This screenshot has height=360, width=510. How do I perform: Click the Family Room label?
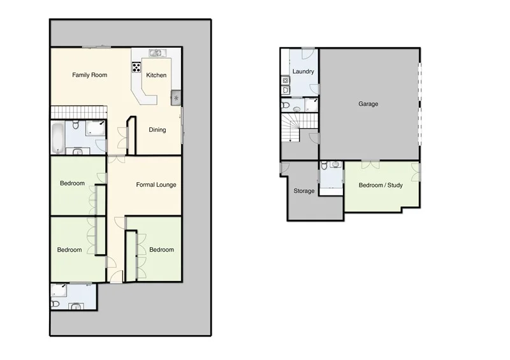89,75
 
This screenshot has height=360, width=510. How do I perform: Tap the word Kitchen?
156,75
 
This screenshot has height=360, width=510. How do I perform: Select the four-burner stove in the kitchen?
136,66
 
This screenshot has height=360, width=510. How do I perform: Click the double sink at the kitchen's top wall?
156,52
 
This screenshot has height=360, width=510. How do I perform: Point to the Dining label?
157,130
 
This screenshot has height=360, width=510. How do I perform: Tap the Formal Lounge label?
156,185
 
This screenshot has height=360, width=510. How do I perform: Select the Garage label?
368,104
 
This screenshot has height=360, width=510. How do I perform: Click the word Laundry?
303,72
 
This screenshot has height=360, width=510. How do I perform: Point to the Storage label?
303,191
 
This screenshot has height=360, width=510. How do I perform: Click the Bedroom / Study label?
381,185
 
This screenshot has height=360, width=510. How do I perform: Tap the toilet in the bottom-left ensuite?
55,305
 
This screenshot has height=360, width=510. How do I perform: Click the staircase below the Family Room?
77,112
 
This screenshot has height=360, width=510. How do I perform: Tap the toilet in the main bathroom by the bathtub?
75,124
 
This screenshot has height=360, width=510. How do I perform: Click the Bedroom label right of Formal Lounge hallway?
161,250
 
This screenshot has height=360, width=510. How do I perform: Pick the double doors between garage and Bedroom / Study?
370,163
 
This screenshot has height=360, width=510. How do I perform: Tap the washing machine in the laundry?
284,81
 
